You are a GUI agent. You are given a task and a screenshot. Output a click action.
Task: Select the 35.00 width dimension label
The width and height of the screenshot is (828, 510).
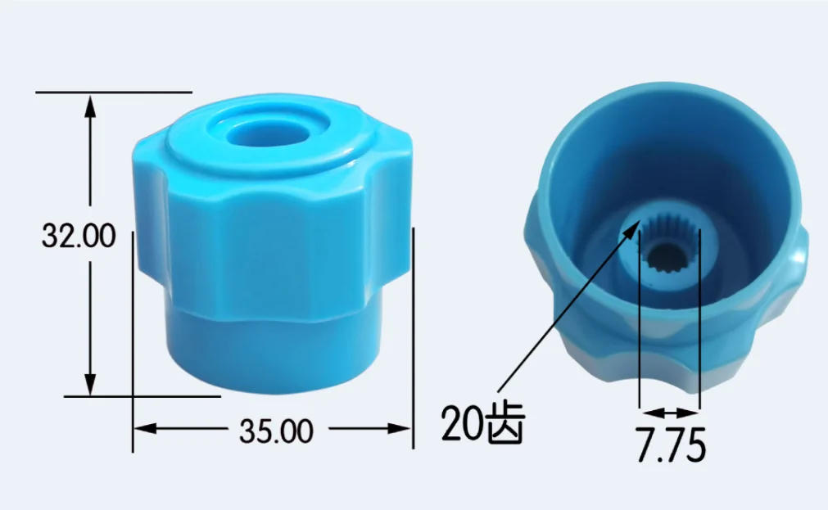276,430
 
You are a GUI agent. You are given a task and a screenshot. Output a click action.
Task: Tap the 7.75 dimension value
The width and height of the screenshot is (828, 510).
670,446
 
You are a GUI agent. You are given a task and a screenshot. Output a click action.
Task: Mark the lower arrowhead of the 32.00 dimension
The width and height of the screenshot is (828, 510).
91,385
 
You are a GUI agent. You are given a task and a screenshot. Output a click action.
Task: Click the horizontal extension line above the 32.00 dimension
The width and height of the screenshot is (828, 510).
115,92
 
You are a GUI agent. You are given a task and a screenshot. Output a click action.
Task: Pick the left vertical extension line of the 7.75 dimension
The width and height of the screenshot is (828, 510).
639,327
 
